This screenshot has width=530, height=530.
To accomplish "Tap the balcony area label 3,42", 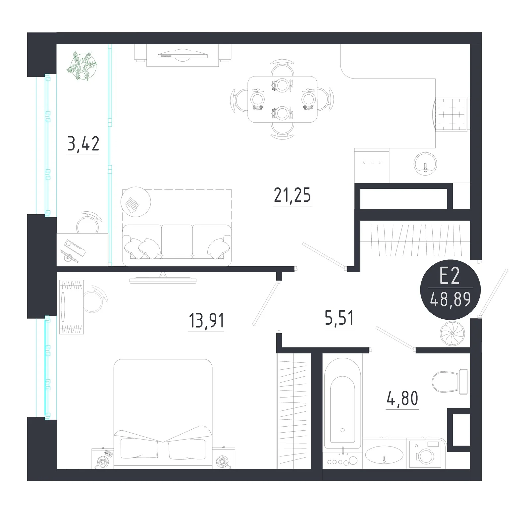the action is click(83, 144).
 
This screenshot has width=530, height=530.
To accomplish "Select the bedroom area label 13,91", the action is click(206, 321).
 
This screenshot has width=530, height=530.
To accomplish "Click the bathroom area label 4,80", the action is click(402, 398).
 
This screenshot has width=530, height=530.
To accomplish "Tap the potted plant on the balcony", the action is click(82, 66).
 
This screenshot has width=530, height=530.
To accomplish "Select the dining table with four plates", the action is click(282, 99).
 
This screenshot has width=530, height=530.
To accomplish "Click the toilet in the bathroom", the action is click(450, 382).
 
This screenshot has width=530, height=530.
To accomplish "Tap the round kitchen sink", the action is click(425, 164).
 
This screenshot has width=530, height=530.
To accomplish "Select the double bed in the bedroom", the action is click(163, 413).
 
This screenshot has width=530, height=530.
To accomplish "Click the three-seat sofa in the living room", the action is click(177, 245).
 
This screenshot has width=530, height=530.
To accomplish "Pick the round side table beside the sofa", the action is click(136, 202).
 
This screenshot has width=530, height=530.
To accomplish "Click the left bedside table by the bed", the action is click(103, 458).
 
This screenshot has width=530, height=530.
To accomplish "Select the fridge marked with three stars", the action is click(372, 165).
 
